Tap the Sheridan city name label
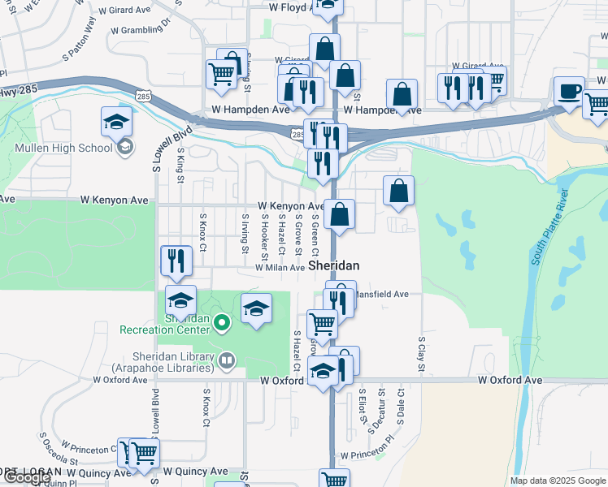(333, 266)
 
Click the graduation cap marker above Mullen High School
(117, 122)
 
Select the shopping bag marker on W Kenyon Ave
(341, 215)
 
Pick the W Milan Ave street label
(280, 267)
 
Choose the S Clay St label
(422, 355)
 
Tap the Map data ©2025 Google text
(557, 481)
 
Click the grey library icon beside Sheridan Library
(227, 358)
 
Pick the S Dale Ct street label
(401, 407)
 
